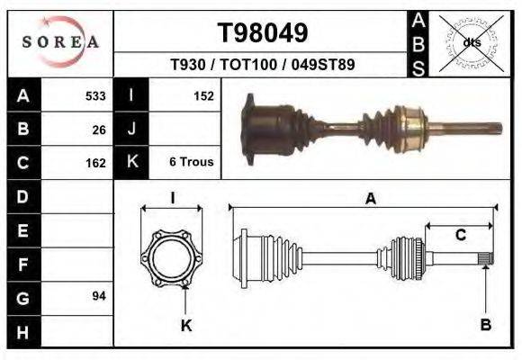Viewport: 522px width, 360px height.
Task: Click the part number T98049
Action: click(263, 33)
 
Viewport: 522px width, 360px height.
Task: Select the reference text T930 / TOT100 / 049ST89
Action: click(262, 65)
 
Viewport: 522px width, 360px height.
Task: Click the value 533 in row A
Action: click(95, 96)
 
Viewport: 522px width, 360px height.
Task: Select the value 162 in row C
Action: click(95, 163)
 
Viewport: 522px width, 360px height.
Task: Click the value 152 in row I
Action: click(203, 96)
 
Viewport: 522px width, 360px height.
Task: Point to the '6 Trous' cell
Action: click(191, 163)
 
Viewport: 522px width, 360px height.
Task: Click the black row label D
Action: click(22, 196)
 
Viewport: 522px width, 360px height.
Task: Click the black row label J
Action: click(131, 130)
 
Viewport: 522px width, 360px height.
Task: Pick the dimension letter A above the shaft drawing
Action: click(370, 200)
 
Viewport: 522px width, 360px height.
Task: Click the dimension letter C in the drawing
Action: click(460, 236)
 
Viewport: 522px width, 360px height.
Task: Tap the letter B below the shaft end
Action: click(486, 325)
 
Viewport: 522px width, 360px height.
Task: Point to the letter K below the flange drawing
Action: click(186, 325)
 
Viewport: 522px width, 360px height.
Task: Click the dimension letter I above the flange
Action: click(172, 198)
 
